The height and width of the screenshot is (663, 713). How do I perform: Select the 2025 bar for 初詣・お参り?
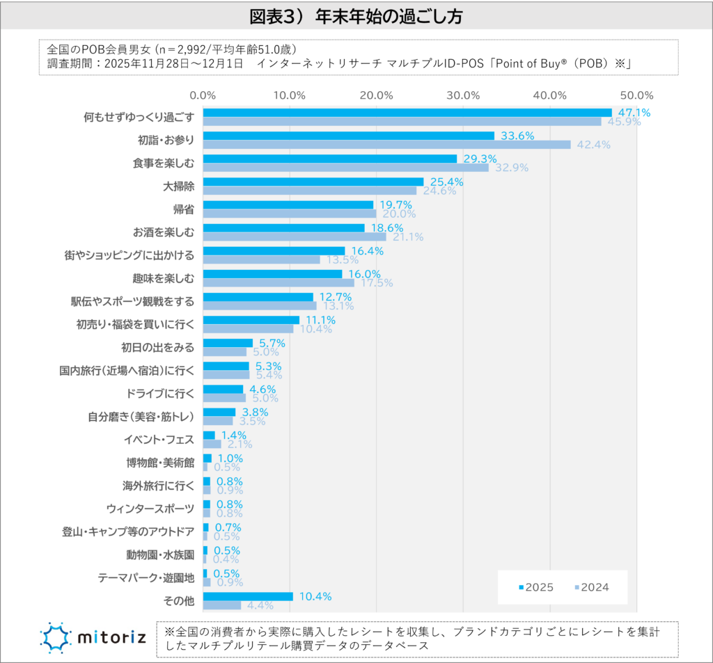click(348, 136)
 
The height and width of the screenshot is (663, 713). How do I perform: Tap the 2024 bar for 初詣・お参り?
click(386, 145)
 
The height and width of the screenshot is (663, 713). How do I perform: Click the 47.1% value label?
click(634, 113)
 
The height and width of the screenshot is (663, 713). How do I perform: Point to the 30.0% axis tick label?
click(463, 95)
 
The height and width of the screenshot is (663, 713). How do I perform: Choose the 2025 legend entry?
click(535, 587)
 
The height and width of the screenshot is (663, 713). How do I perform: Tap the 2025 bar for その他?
click(248, 596)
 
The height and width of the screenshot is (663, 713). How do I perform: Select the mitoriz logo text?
click(111, 637)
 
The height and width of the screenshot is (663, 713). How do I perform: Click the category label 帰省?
click(183, 209)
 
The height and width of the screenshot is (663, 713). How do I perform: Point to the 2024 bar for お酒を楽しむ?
click(294, 237)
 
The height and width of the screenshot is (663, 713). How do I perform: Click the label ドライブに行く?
click(160, 392)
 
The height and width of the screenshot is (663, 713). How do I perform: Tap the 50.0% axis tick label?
click(636, 95)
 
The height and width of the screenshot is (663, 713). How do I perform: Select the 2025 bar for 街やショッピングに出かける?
click(274, 250)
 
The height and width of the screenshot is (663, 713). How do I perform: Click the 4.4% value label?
click(258, 605)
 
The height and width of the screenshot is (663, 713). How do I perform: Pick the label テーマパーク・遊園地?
click(146, 577)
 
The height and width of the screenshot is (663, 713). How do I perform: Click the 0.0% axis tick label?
click(203, 95)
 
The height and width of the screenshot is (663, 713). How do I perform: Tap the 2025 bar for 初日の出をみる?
click(228, 343)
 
